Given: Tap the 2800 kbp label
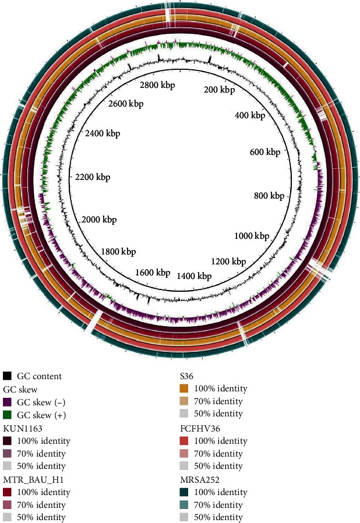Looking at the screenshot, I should click(157, 85).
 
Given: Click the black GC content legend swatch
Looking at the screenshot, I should click(8, 376).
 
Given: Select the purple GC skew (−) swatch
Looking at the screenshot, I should click(8, 402).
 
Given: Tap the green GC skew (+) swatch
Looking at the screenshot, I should click(8, 415).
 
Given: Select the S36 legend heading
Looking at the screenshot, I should click(188, 376).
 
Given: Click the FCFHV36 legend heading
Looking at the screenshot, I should click(198, 427).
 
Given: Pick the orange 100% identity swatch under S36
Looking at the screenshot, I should click(183, 389).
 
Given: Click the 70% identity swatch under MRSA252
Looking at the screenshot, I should click(183, 504).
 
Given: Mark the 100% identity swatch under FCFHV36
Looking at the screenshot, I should click(183, 440).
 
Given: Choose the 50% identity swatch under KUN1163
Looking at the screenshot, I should click(8, 466).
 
